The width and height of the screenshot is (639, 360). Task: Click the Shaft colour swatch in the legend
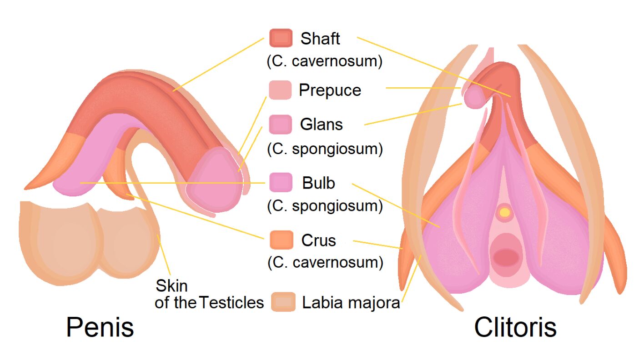(281, 38)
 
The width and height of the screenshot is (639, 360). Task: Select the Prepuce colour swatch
(280, 90)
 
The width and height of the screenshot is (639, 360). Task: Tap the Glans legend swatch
(280, 124)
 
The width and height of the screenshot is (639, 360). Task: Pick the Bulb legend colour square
(281, 182)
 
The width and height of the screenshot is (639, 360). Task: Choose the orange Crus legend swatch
(281, 240)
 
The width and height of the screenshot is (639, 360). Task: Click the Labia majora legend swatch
(283, 302)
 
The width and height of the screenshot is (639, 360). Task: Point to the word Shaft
(320, 39)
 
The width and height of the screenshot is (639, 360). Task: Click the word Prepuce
(330, 90)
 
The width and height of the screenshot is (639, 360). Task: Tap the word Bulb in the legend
(318, 183)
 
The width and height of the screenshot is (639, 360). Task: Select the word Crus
(318, 240)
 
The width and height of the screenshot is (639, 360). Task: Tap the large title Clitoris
(515, 327)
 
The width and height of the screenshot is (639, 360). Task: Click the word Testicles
(232, 302)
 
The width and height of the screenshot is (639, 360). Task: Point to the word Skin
(171, 286)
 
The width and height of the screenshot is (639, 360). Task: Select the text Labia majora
(351, 303)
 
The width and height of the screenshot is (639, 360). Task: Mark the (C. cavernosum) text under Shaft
(324, 61)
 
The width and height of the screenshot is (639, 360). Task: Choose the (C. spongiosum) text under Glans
(324, 149)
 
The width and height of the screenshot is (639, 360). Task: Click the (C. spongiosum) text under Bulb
(324, 205)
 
